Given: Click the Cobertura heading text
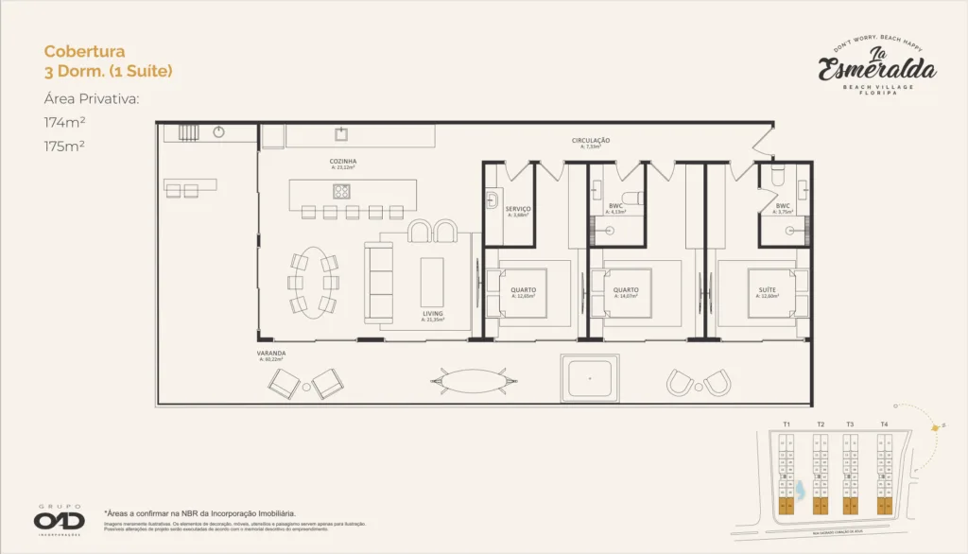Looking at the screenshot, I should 84,51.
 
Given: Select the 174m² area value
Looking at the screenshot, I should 64,122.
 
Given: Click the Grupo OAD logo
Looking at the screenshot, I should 60,519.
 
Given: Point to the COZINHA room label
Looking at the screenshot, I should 342,162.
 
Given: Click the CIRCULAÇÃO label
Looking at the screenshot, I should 591,141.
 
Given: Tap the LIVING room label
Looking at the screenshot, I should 433,313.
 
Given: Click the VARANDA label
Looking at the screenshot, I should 271,354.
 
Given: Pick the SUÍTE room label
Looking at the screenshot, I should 767,289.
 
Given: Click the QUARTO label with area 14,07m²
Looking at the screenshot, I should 626,290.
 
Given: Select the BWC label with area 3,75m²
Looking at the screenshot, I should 783,206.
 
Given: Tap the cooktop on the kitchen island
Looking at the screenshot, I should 341,190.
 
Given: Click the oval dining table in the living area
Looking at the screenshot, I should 312,281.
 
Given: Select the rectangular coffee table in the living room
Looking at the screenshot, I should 432,281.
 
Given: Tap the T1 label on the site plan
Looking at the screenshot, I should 786,424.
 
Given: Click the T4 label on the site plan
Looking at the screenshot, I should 884,424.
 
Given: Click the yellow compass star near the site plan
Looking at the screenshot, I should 935,429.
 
